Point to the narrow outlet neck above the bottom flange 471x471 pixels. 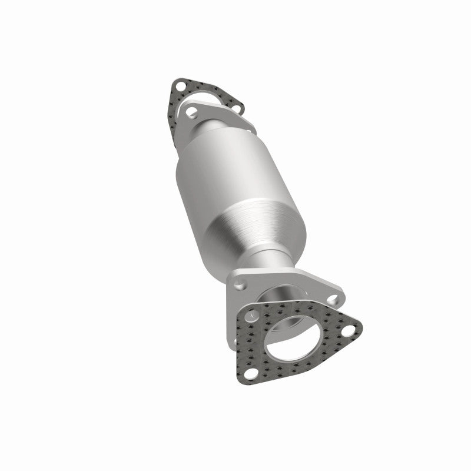(x=271, y=265)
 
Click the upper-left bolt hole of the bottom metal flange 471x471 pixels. (x=239, y=285)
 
